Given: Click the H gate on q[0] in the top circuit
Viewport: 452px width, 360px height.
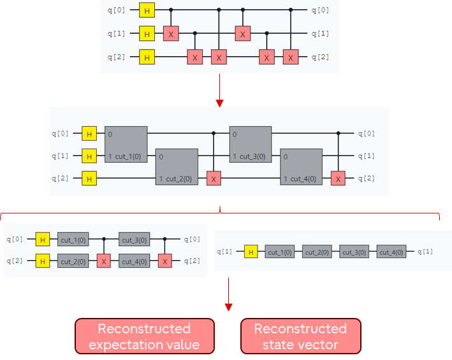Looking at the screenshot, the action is pos(147,10).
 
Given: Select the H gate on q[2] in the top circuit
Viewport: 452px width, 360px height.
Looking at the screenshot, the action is pos(147,57).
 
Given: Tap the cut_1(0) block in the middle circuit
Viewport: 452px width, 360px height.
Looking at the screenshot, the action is pos(126,144).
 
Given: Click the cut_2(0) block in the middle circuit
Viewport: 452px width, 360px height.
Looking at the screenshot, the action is pos(177,167).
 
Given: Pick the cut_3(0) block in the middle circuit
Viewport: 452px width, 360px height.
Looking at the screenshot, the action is pos(251,144).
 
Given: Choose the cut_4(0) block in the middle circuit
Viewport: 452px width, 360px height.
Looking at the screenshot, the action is pos(302,167).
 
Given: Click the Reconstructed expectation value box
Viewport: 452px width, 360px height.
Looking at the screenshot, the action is pos(145,336).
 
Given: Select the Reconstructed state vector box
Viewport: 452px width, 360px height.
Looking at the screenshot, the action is pos(301,336).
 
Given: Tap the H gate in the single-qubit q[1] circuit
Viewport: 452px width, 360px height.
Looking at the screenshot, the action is pos(251,252).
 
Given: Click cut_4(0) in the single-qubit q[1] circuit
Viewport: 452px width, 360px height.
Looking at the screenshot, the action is pos(391,252).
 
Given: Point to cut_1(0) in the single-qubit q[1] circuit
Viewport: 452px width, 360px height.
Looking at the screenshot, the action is pos(280,252).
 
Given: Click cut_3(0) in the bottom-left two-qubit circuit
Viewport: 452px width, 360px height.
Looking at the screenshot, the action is pos(135,239).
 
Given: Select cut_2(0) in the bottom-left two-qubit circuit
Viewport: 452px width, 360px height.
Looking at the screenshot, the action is pos(73,261).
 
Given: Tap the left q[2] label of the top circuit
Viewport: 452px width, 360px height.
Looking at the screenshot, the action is pos(116,57).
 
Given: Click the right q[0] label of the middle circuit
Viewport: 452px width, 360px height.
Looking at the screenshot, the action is pos(367,133).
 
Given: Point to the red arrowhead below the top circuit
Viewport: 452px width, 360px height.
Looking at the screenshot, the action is pos(220,103).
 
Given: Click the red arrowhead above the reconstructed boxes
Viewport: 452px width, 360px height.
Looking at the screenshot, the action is pos(229,307).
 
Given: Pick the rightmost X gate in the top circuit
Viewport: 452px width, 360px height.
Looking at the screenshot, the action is pos(291,57).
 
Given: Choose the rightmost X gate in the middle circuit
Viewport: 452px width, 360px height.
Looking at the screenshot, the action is pos(338,178).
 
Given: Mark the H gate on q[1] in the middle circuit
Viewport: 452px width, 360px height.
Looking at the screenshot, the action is pos(89,156).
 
